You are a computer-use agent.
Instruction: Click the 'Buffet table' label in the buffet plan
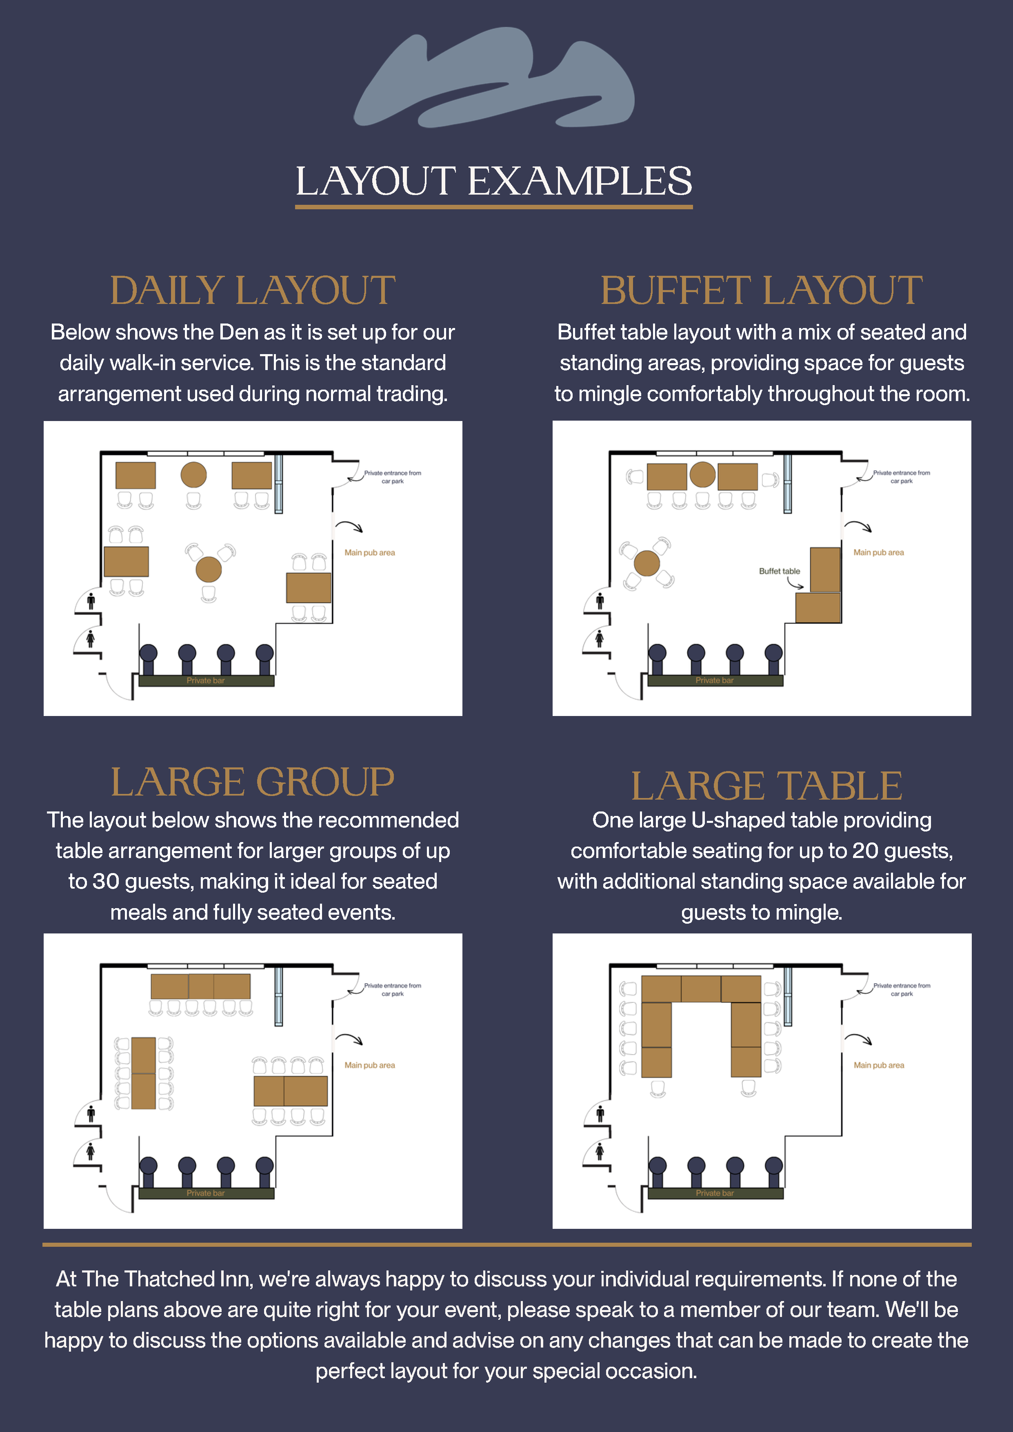[x=779, y=571]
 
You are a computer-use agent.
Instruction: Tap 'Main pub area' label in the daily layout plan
[x=369, y=552]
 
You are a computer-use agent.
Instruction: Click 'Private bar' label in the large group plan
[x=205, y=1193]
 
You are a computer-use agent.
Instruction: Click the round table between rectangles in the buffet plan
[x=702, y=474]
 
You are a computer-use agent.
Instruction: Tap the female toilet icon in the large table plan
[x=600, y=1151]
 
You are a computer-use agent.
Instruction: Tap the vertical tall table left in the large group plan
[x=144, y=1073]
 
